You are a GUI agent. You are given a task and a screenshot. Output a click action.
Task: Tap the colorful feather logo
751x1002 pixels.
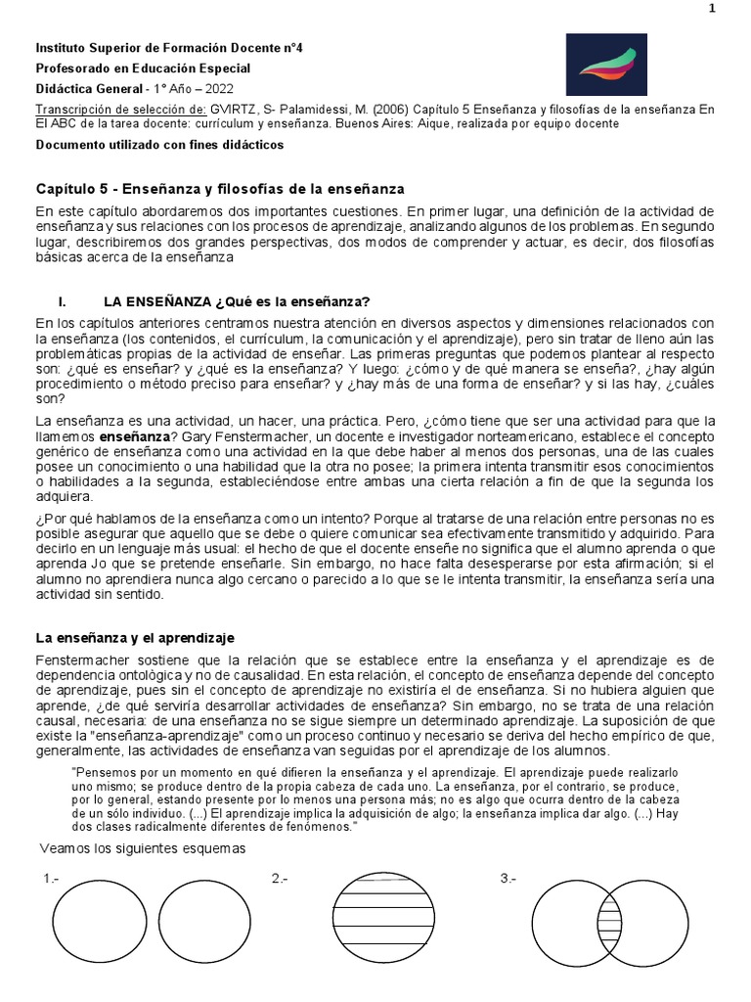click(x=606, y=66)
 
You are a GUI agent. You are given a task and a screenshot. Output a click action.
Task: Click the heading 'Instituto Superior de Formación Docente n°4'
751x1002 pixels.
click(x=169, y=47)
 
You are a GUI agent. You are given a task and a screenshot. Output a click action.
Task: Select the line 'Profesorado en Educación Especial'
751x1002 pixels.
click(x=143, y=68)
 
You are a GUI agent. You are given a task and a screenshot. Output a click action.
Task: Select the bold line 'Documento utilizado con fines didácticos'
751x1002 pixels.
click(x=159, y=145)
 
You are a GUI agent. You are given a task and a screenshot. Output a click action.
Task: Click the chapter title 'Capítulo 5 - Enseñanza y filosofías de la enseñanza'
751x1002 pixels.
click(x=220, y=188)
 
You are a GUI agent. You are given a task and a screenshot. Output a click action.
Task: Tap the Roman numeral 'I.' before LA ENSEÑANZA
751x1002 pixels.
click(x=64, y=300)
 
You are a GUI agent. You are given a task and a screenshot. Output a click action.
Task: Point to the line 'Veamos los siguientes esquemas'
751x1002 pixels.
click(x=143, y=847)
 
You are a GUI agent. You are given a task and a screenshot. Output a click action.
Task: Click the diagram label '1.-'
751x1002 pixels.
click(x=51, y=879)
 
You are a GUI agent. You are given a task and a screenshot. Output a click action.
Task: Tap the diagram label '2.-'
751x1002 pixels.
click(x=280, y=879)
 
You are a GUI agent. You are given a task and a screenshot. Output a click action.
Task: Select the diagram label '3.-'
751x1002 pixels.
click(x=508, y=879)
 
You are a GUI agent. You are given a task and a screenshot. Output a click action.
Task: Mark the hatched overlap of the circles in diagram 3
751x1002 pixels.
click(x=609, y=924)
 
